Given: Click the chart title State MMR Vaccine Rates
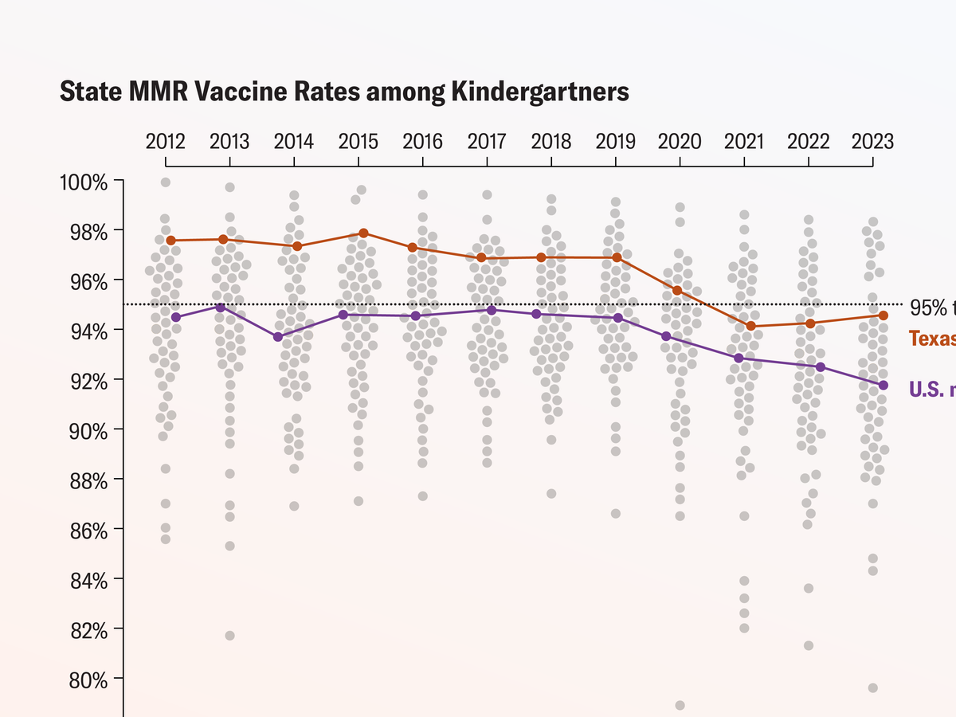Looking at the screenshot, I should pyautogui.click(x=344, y=92).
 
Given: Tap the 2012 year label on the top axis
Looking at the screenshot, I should pyautogui.click(x=165, y=142).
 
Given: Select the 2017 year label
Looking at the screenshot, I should pyautogui.click(x=486, y=142).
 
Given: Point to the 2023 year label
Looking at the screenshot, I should pyautogui.click(x=872, y=142).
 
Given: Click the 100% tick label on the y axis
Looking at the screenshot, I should pyautogui.click(x=84, y=182).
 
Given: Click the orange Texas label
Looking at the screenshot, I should pyautogui.click(x=932, y=339).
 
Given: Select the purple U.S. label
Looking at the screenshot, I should pyautogui.click(x=932, y=389).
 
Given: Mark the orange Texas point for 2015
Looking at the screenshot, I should pyautogui.click(x=363, y=233).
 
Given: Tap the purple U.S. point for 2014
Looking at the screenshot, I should pyautogui.click(x=278, y=337).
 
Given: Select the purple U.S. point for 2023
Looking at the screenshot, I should pyautogui.click(x=883, y=385).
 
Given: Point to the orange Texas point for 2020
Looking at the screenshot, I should pyautogui.click(x=677, y=290).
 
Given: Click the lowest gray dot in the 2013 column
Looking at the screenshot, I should pyautogui.click(x=229, y=636).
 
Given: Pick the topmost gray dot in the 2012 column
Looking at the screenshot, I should pyautogui.click(x=166, y=182).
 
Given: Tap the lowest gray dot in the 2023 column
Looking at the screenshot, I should pyautogui.click(x=873, y=688).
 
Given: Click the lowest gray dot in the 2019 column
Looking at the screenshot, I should pyautogui.click(x=615, y=514).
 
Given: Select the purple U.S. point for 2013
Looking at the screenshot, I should pyautogui.click(x=221, y=307).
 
